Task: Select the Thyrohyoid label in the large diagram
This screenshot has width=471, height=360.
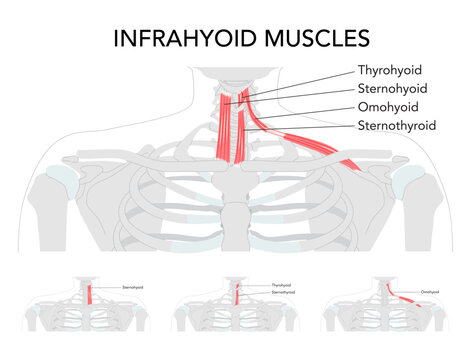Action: pos(391,71)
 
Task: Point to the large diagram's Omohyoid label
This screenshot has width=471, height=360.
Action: pos(388,107)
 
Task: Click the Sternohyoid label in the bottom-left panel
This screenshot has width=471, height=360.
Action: pos(132,287)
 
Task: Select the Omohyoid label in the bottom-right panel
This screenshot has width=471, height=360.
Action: pos(433,291)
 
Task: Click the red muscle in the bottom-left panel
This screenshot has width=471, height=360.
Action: pos(92,294)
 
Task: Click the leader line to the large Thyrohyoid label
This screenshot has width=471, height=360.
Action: pos(300,77)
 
